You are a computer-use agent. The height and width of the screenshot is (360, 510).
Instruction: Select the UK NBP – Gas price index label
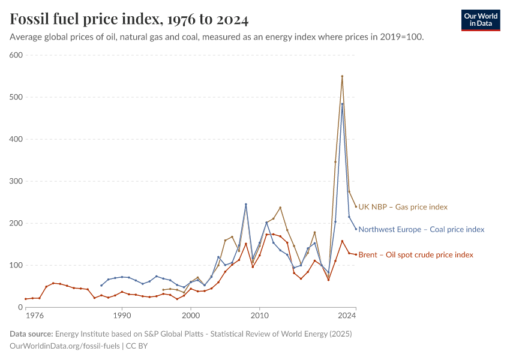(x=403, y=207)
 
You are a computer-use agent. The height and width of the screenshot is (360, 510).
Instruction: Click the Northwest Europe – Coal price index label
(x=421, y=229)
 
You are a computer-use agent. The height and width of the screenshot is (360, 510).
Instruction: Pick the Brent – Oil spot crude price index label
(x=415, y=255)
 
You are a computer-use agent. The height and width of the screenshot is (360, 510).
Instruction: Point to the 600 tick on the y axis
(x=16, y=55)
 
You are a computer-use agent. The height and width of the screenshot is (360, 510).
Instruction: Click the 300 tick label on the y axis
(x=16, y=181)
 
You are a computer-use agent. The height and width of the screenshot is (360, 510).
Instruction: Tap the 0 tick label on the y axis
(x=20, y=307)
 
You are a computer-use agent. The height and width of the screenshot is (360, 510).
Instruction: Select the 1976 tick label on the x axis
(x=34, y=315)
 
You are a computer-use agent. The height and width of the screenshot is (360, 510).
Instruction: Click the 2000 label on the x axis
(x=191, y=315)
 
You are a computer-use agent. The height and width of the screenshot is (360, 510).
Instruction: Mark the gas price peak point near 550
(x=342, y=76)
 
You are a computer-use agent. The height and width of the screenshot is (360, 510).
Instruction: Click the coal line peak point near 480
(x=342, y=104)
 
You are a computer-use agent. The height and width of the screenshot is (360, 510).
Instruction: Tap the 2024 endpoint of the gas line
(x=356, y=206)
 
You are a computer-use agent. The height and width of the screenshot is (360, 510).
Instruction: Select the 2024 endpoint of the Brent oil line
(x=356, y=254)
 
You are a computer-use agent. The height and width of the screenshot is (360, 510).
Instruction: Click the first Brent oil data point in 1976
(x=26, y=299)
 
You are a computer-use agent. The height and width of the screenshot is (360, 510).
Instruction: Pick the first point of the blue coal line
(x=101, y=286)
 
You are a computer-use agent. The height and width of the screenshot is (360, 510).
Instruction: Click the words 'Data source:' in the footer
(x=31, y=334)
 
